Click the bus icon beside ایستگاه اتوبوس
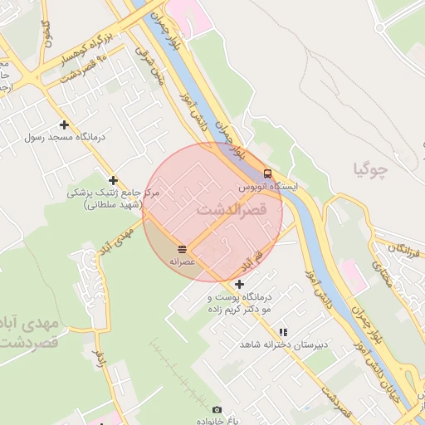tap(267, 173)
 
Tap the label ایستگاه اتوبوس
tap(267, 188)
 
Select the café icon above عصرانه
tap(181, 248)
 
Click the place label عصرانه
tap(181, 261)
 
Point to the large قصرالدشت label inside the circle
tap(232, 210)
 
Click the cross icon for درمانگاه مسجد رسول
tap(63, 125)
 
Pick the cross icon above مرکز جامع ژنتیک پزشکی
tap(113, 179)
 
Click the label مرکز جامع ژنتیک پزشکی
tap(113, 193)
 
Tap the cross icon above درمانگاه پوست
tap(239, 284)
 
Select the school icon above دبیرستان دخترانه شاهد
tap(284, 331)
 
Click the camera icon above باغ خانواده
tap(217, 409)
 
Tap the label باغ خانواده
tap(217, 421)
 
